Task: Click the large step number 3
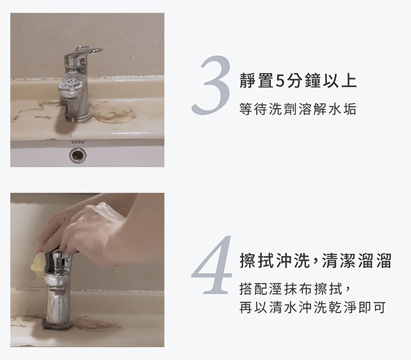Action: (x=210, y=85)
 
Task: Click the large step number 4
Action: (x=212, y=265)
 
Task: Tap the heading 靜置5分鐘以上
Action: (x=298, y=81)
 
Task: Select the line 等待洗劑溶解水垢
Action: (x=298, y=109)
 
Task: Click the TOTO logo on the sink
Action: (x=77, y=142)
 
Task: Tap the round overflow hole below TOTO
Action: (x=78, y=156)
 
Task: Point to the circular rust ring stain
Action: (x=114, y=112)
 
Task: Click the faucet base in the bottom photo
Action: (x=58, y=325)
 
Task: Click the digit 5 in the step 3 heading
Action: (x=279, y=81)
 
